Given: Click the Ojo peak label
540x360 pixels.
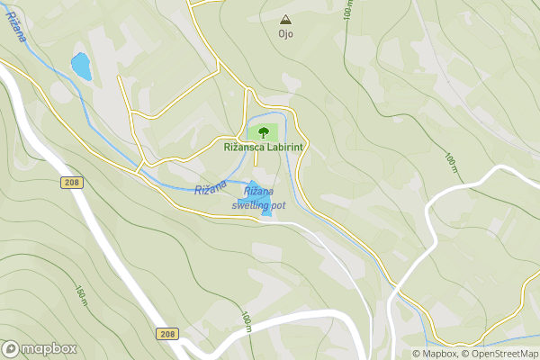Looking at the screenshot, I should pyautogui.click(x=285, y=34).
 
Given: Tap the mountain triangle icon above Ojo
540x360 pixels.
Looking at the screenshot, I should pyautogui.click(x=285, y=19).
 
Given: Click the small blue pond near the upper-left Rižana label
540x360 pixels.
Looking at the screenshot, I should pyautogui.click(x=81, y=66).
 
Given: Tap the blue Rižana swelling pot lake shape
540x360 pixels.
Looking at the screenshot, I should pyautogui.click(x=258, y=198).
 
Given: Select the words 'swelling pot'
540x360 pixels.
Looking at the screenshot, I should pyautogui.click(x=258, y=205).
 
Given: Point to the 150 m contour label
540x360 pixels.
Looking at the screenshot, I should pyautogui.click(x=80, y=294).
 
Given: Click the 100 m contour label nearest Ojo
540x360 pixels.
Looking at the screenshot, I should pyautogui.click(x=348, y=10).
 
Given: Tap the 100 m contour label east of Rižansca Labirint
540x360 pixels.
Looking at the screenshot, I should pyautogui.click(x=451, y=162).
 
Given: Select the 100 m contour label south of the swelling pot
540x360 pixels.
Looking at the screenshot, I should pyautogui.click(x=246, y=320).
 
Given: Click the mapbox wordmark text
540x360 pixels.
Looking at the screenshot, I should pyautogui.click(x=49, y=348).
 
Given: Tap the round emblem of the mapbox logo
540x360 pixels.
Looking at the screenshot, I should pyautogui.click(x=11, y=348).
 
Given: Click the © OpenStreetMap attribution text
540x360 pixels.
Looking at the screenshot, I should pyautogui.click(x=500, y=354).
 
